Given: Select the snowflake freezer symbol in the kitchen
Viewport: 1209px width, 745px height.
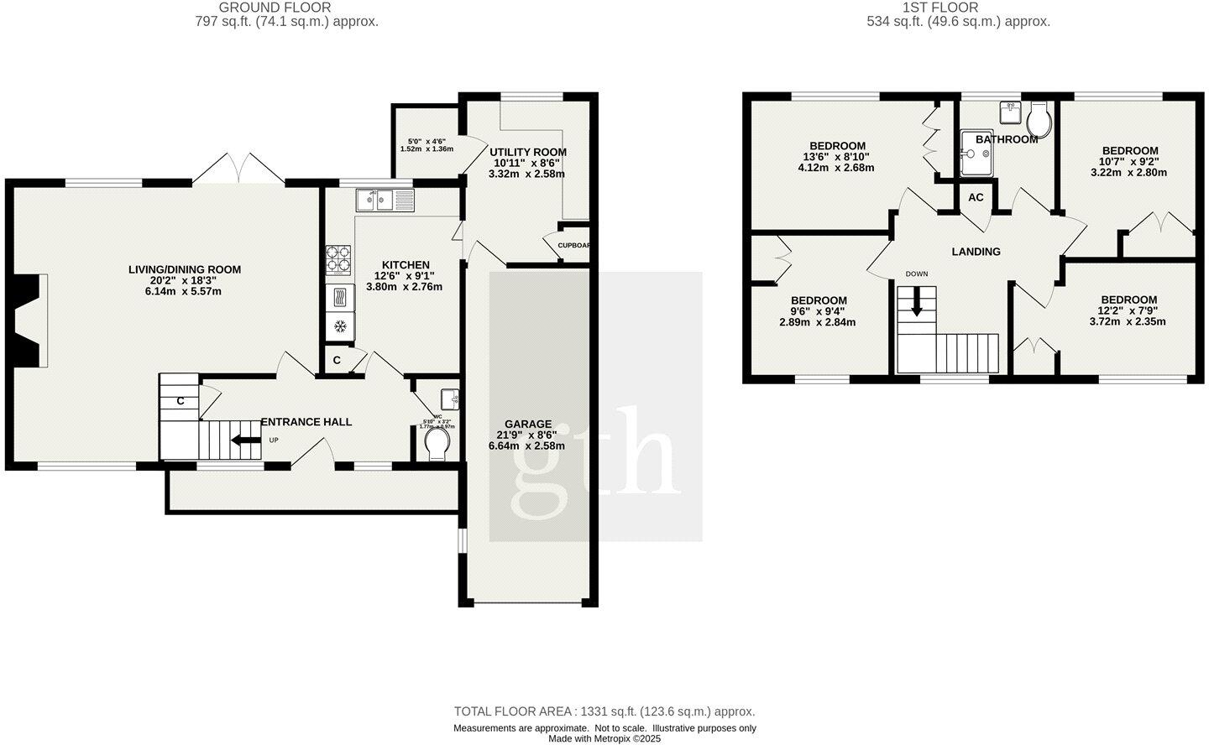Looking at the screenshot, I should tap(339, 326).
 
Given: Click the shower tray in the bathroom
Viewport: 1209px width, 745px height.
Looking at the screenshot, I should tap(976, 154).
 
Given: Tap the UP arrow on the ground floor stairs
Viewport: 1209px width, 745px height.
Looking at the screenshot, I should tap(246, 440).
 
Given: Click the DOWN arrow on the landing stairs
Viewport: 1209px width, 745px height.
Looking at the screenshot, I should tap(916, 301).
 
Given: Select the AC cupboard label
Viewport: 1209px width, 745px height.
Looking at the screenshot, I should tap(976, 198).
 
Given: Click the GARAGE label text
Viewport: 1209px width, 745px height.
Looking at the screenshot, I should tap(528, 424).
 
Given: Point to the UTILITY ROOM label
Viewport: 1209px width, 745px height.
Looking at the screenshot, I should tap(528, 152).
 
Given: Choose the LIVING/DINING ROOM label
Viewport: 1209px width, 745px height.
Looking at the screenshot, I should tap(184, 269).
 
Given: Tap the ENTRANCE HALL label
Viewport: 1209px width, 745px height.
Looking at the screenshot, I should tap(306, 422).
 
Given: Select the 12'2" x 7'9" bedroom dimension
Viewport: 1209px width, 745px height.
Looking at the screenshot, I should tap(1128, 310).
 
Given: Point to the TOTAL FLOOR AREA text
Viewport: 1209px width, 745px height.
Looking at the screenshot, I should tap(604, 711).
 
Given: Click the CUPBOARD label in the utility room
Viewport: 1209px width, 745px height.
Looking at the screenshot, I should tap(574, 246).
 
